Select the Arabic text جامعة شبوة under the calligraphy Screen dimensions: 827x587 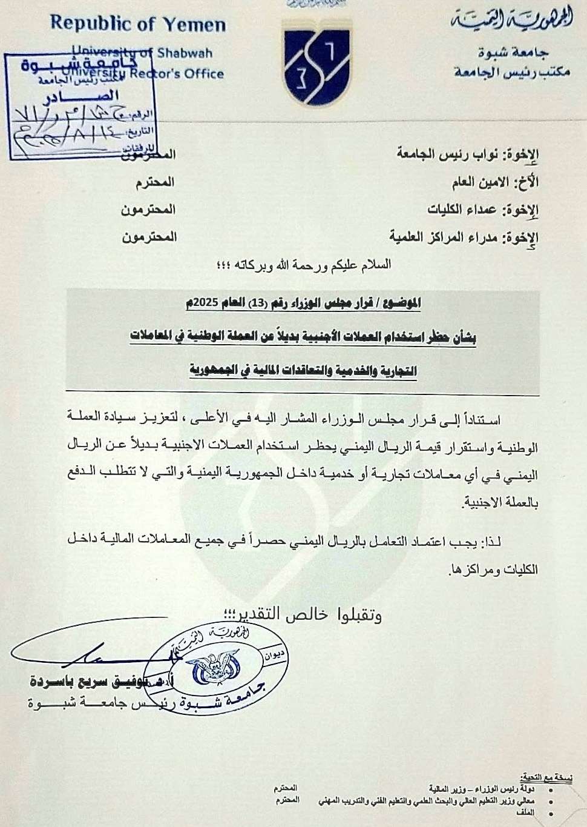520,53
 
